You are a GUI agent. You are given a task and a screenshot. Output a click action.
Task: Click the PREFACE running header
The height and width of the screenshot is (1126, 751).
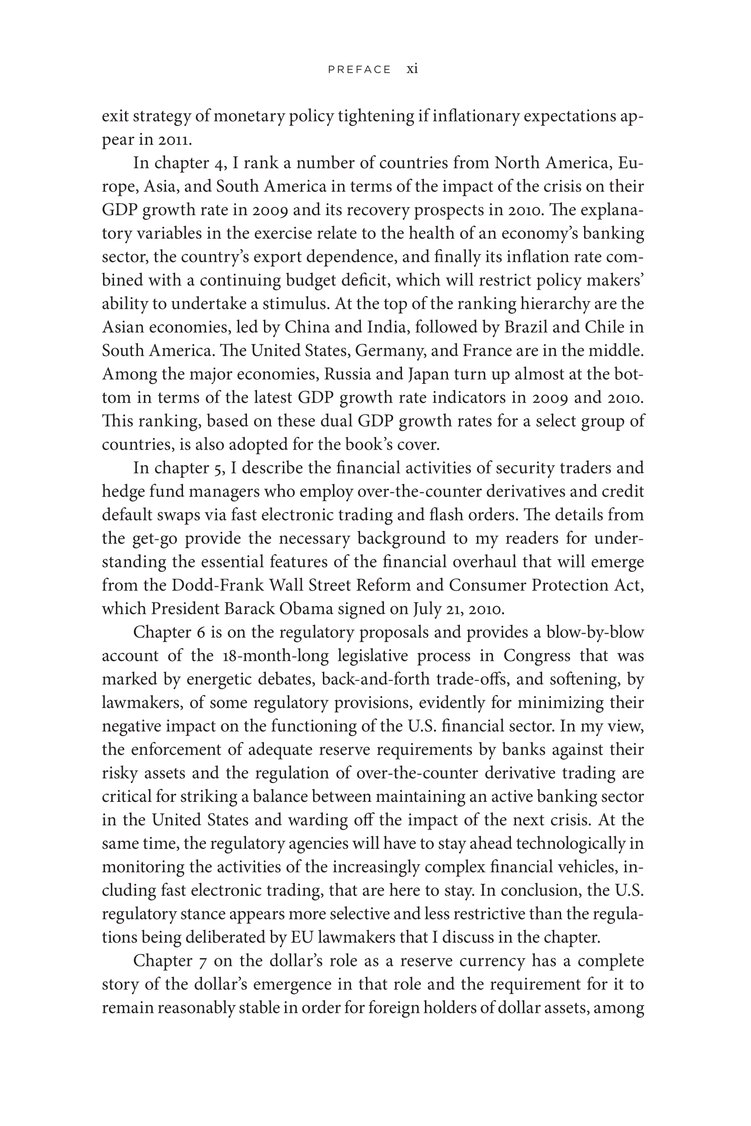click(359, 70)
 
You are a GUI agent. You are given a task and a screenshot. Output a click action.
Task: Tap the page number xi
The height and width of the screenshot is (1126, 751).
click(412, 69)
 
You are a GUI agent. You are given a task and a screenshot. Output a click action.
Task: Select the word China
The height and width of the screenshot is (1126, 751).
click(305, 327)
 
